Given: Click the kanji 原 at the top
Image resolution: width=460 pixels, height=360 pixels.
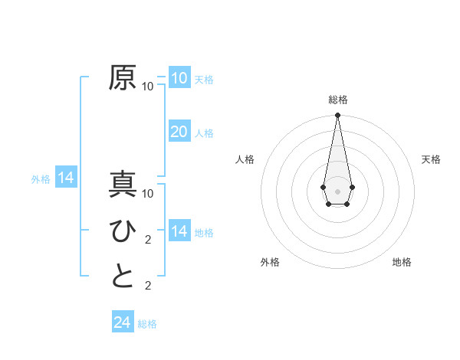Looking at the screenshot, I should click(x=123, y=78).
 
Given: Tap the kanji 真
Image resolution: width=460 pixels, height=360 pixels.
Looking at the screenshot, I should click(x=123, y=185).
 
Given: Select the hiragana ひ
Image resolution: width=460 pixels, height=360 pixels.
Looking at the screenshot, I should click(x=123, y=231).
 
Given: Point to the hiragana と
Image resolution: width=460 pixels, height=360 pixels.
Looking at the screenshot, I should click(x=123, y=277).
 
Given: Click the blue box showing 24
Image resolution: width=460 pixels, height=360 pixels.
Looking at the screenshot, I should click(x=122, y=322).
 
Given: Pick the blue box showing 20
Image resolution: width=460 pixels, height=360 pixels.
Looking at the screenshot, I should click(x=179, y=132).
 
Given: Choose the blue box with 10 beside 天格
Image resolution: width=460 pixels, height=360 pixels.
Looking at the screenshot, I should click(x=179, y=78).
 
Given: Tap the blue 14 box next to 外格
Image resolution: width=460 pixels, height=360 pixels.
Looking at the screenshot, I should click(x=66, y=178).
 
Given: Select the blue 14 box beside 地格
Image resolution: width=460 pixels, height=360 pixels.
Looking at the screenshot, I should click(x=179, y=231).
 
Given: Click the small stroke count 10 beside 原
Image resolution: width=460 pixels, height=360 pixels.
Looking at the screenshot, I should click(x=148, y=87).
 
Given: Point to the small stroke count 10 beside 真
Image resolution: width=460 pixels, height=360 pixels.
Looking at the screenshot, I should click(x=148, y=194).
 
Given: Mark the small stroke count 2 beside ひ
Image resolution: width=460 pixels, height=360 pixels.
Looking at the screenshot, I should click(x=148, y=240).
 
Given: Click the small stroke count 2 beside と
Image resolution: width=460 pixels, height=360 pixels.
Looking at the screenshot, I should click(x=148, y=286).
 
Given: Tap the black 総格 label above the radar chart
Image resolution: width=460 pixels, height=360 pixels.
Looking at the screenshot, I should click(x=337, y=100).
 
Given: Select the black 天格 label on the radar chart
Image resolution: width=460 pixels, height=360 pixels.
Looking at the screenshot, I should click(x=431, y=159).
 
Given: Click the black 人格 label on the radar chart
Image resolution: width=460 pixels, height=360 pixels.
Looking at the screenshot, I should click(x=245, y=159).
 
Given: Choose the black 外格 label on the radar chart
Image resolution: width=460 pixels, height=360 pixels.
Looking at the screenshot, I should click(x=269, y=262).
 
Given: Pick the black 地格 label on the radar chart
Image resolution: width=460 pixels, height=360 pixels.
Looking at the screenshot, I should click(x=402, y=262).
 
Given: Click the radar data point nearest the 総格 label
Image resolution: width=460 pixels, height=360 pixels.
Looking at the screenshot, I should click(x=337, y=115).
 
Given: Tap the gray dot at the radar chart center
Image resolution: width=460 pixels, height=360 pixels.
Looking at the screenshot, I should click(x=337, y=190).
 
